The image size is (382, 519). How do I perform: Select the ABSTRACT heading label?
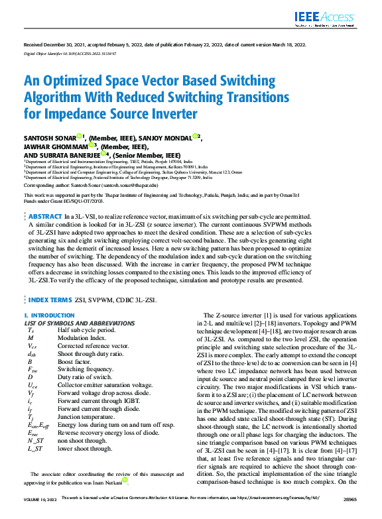point(46,217)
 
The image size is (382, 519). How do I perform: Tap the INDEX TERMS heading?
point(50,300)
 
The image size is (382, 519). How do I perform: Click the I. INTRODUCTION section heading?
point(49,316)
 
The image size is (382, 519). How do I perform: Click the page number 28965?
point(349,514)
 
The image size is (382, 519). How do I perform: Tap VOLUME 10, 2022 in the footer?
point(40,514)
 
